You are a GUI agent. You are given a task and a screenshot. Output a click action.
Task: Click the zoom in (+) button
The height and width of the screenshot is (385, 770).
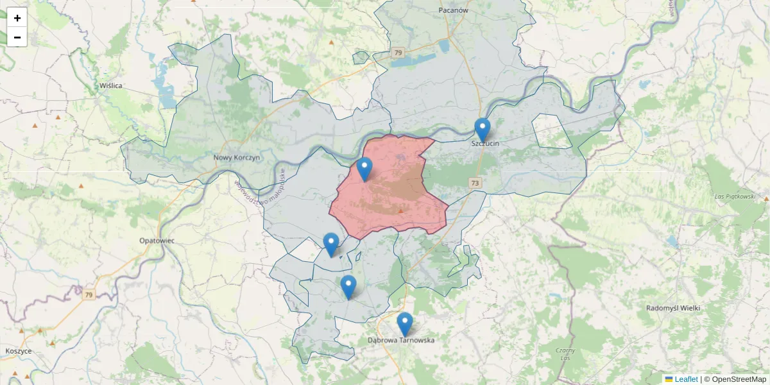pos(17,18)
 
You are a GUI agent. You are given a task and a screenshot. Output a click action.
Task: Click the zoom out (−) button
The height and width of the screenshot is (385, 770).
pos(17,37)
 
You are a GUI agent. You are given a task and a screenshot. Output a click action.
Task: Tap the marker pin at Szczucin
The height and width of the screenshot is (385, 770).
pos(482,130)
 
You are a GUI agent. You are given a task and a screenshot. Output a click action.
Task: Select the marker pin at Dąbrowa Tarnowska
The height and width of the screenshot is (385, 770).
pos(404,323)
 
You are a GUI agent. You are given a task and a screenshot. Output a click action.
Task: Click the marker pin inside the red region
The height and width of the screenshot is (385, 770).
pos(364,168)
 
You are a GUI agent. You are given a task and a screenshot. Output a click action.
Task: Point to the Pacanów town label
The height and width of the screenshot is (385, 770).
pos(454,10)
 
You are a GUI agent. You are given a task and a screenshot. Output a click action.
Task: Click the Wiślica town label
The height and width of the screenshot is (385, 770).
pos(111,85)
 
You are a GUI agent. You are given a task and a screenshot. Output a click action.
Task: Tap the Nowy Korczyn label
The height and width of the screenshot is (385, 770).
pos(236,157)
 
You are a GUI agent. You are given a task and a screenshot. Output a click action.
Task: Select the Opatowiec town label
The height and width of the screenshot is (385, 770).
pos(157,240)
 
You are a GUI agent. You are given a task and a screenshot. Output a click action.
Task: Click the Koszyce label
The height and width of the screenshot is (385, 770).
pos(19,351)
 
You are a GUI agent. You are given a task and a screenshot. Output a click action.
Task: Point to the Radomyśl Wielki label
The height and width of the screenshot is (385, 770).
pos(673,308)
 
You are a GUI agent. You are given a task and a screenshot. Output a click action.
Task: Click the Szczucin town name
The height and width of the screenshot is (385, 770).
pos(485,144)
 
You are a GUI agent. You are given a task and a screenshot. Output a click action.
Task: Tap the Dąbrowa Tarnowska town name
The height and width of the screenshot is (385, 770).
pos(401,340)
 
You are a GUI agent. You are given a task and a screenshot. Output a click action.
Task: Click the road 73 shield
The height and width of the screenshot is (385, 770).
pos(474,183)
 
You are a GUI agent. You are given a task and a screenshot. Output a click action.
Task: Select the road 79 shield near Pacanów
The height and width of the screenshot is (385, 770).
pos(398,53)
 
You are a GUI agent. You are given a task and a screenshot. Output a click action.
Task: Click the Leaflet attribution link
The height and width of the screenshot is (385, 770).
pos(685,379)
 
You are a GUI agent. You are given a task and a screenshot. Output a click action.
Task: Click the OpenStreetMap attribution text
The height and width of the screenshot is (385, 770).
pos(735,379)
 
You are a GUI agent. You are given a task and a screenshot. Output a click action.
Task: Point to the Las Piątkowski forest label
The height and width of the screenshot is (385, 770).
pos(735,196)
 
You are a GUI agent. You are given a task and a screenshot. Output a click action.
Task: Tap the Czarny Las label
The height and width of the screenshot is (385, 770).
pos(565,354)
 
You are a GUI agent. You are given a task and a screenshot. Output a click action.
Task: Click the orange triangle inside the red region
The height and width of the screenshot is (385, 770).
pos(401,210)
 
